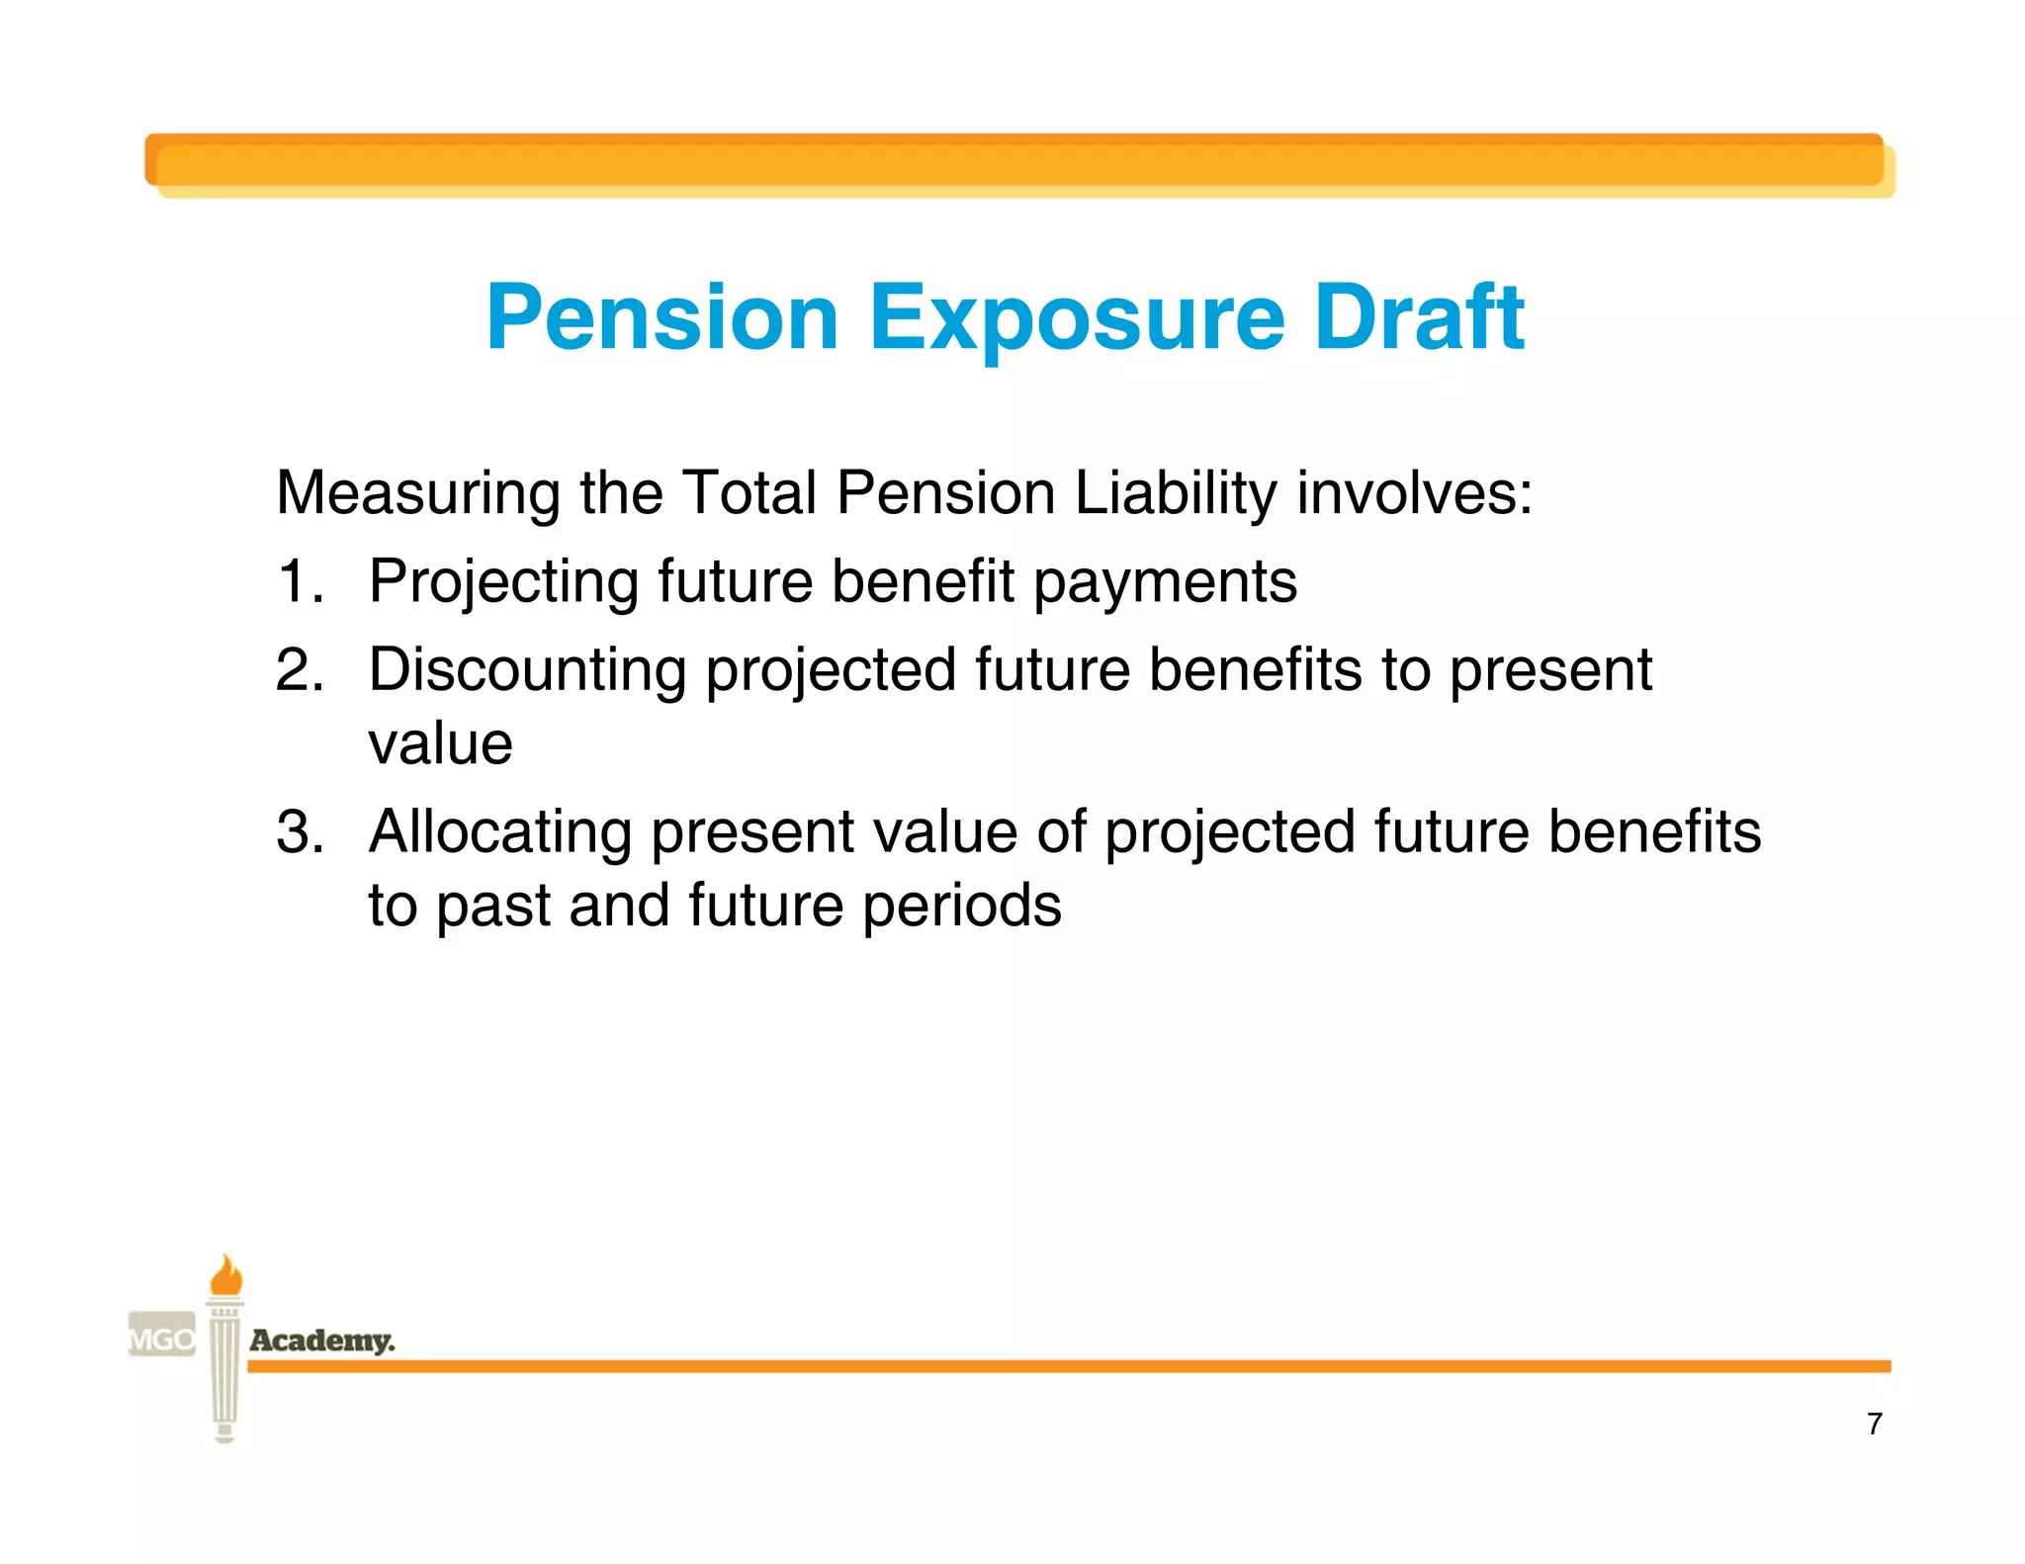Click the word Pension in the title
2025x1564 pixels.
[662, 318]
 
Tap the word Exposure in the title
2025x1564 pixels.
[1077, 318]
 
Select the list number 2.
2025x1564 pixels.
[300, 670]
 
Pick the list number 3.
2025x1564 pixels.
[300, 831]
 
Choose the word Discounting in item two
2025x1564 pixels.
[527, 670]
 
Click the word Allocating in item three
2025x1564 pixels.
[500, 831]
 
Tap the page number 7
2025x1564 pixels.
[1874, 1424]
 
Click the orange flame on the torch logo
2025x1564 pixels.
[226, 1276]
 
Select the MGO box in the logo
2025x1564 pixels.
[162, 1340]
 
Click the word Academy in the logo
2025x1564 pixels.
[322, 1341]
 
